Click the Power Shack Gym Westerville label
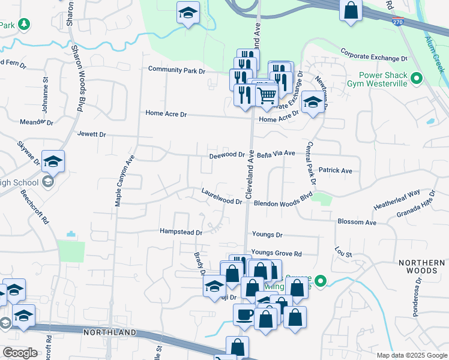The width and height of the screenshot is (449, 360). (x=383, y=79)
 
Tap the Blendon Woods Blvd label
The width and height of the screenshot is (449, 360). (x=284, y=203)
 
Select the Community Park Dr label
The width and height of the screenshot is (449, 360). (x=176, y=70)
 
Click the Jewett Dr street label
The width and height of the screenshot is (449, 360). (x=91, y=135)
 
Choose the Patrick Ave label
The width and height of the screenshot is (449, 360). (x=335, y=170)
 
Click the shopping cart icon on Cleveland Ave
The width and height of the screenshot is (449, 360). (x=267, y=95)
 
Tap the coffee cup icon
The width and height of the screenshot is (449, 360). (x=244, y=315)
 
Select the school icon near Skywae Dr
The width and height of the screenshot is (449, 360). (x=53, y=161)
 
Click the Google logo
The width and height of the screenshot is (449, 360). (x=20, y=353)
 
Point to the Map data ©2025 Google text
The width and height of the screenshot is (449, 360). (x=411, y=355)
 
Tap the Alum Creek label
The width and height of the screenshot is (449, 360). (x=435, y=53)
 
